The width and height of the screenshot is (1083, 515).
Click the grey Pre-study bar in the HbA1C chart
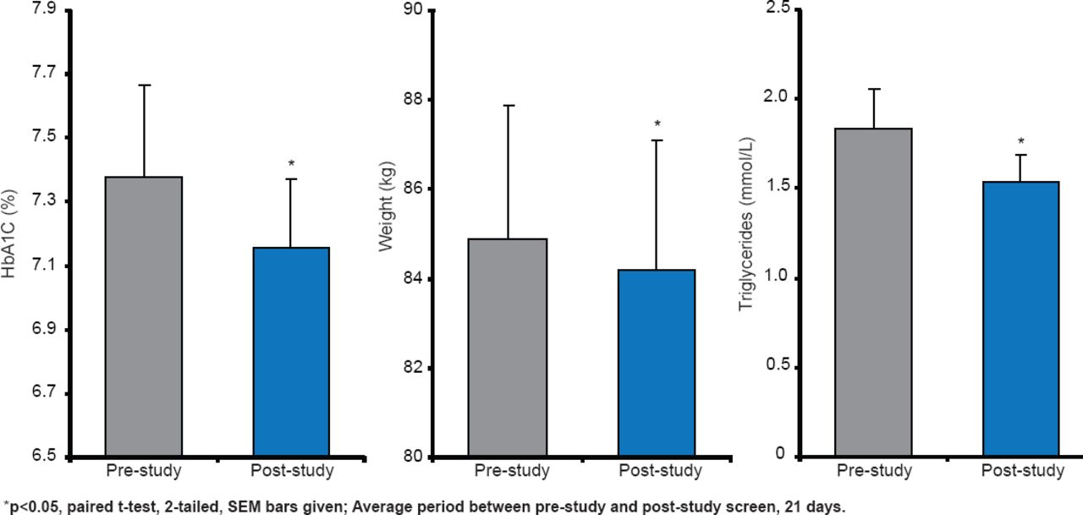[x=144, y=317]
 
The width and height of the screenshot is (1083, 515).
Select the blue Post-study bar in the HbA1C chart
[x=293, y=352]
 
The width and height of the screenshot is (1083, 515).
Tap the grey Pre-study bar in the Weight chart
[x=509, y=348]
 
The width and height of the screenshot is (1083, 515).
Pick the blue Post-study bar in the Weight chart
[x=657, y=364]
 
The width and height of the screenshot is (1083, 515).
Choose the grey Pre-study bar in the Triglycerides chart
[x=873, y=293]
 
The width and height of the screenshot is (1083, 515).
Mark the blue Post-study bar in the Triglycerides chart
[x=1021, y=319]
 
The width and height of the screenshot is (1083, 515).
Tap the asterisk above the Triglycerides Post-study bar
[x=1021, y=141]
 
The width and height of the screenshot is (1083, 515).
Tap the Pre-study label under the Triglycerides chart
[x=874, y=471]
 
